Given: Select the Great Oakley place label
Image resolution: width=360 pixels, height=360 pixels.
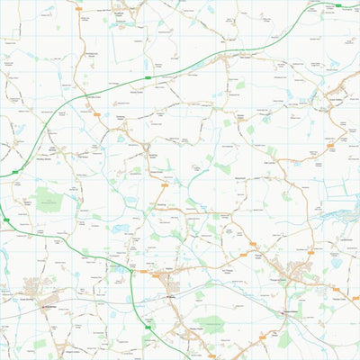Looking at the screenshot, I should [x=335, y=100].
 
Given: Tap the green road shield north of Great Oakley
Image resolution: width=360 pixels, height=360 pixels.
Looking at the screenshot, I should [x=338, y=5].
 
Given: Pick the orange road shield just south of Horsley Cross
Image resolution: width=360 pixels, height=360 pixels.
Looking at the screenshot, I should [x=96, y=113].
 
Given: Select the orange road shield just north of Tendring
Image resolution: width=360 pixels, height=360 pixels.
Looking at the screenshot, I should [x=165, y=184].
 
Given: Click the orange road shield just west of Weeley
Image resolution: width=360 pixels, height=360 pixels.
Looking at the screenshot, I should [x=142, y=270].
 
